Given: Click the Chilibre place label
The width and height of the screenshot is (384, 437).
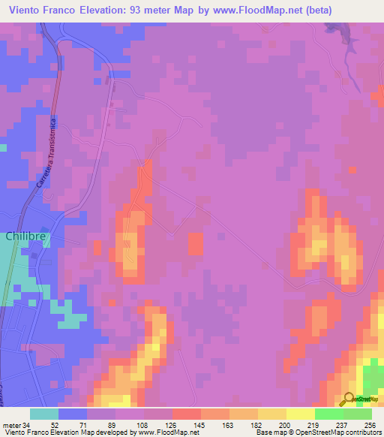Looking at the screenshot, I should (x=26, y=236).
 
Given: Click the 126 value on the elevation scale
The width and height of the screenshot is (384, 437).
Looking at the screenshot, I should (x=172, y=425).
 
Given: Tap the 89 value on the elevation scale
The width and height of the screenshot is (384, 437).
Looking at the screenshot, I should (x=115, y=425).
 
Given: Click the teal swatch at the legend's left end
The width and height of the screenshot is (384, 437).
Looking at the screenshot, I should (x=44, y=414).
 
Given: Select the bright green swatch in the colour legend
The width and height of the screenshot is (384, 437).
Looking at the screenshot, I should (x=358, y=414).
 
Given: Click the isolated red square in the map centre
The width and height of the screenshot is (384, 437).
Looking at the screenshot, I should (x=196, y=243).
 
